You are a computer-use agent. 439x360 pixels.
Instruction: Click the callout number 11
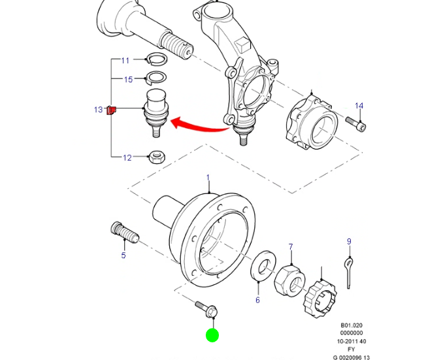[x=125, y=60]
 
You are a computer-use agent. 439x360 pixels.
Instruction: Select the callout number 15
[x=129, y=80]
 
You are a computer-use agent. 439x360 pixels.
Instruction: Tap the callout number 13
[x=98, y=110]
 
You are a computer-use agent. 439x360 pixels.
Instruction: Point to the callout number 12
[x=127, y=157]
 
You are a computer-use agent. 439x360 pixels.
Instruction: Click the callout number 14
[x=359, y=106]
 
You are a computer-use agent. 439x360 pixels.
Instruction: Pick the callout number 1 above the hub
[x=208, y=178]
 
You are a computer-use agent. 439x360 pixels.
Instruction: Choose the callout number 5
[x=123, y=255]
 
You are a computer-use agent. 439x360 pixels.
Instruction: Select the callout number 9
[x=349, y=242]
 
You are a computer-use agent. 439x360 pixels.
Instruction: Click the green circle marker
[x=212, y=336]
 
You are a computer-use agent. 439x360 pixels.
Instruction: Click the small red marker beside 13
[x=112, y=110]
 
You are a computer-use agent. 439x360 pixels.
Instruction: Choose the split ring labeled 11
[x=156, y=59]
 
